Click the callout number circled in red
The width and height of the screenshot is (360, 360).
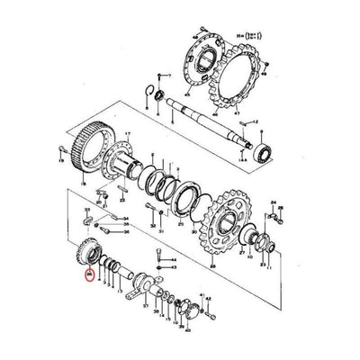[86, 276]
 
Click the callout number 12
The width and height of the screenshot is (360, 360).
[255, 120]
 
